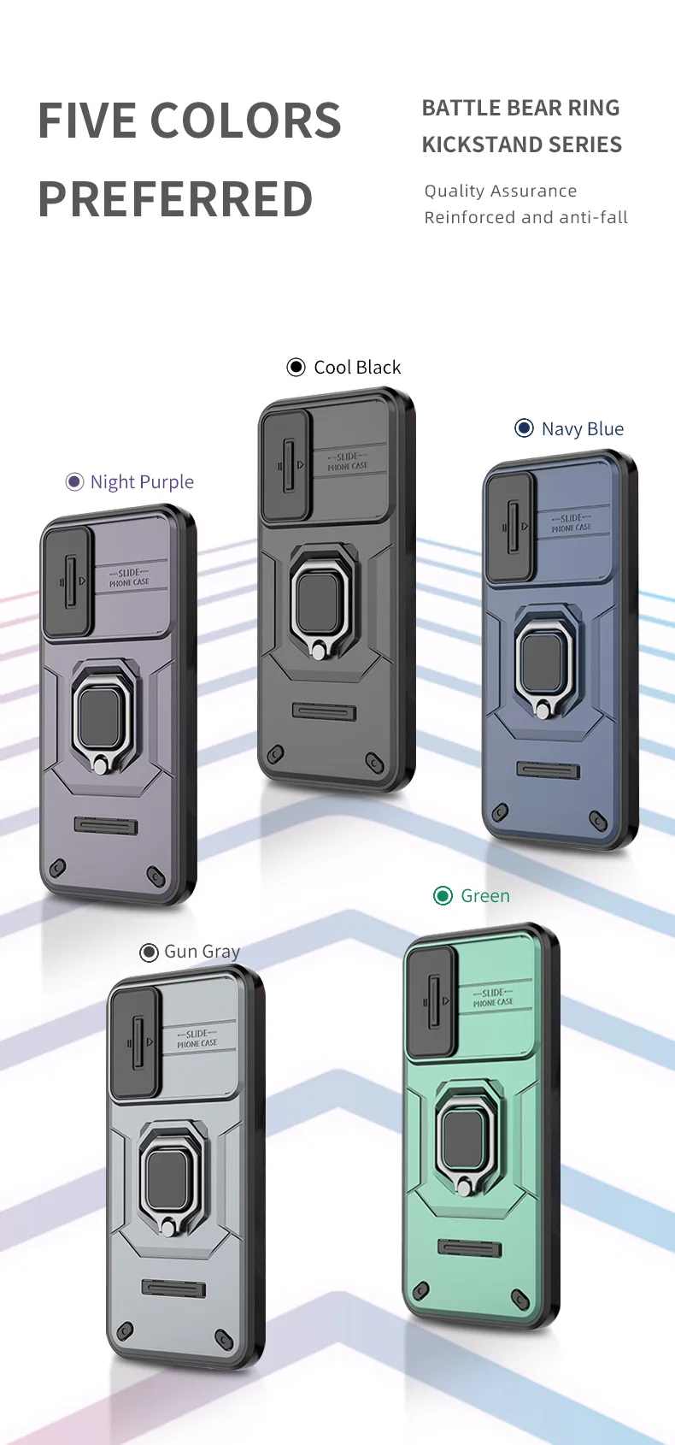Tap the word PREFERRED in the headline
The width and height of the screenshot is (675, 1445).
(175, 199)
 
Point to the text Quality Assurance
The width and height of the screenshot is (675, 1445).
(500, 191)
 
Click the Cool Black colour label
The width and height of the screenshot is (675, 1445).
(357, 368)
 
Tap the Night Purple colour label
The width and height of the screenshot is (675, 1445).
(142, 482)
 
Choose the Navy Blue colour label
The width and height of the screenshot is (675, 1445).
(582, 429)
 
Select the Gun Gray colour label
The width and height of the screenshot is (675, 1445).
(202, 952)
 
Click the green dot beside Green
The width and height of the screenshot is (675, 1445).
(443, 896)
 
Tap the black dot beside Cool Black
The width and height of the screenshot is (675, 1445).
(296, 368)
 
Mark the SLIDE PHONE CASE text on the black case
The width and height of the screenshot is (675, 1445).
(347, 462)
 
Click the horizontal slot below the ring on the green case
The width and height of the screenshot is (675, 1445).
(469, 1248)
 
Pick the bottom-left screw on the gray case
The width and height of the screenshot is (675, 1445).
(126, 1330)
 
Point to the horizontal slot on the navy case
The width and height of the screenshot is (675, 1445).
(548, 770)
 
